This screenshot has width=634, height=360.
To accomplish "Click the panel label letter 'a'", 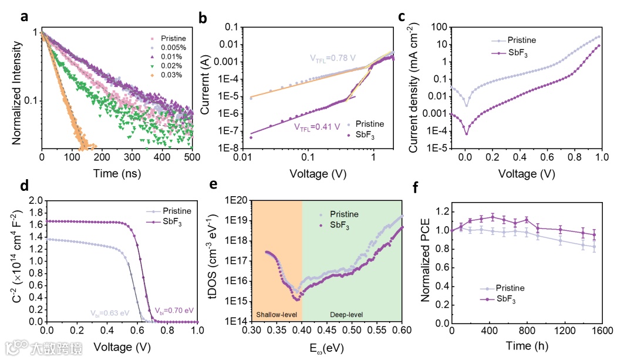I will point(24,16).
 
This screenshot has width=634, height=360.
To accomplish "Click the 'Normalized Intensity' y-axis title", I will point(16,87).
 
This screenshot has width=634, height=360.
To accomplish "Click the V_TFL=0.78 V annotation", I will point(333,58).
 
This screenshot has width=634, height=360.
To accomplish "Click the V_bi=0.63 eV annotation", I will point(109,313).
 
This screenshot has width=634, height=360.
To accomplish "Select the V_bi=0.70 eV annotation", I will point(173,310).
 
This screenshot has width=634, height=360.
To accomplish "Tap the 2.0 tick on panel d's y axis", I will point(36,201).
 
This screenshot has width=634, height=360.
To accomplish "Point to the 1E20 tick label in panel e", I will point(235,200).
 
